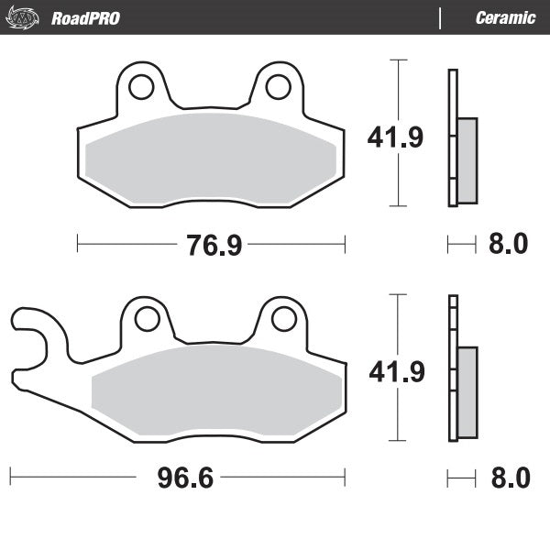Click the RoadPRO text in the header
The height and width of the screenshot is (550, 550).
pyautogui.click(x=85, y=18)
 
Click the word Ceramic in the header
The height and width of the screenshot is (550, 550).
pyautogui.click(x=505, y=18)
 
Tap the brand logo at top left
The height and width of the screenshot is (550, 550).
pyautogui.click(x=27, y=17)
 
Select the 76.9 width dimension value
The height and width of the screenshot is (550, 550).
pyautogui.click(x=210, y=245)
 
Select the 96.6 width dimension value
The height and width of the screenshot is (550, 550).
pyautogui.click(x=180, y=478)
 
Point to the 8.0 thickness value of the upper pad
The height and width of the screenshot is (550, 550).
pyautogui.click(x=509, y=245)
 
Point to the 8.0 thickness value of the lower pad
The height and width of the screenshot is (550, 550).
pyautogui.click(x=509, y=478)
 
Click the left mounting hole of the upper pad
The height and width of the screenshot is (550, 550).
pyautogui.click(x=140, y=87)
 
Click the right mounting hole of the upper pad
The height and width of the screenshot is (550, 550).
pyautogui.click(x=278, y=87)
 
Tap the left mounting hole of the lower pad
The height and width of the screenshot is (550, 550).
pyautogui.click(x=146, y=320)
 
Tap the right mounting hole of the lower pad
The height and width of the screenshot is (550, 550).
pyautogui.click(x=283, y=320)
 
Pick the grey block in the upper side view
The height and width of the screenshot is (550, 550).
pyautogui.click(x=467, y=160)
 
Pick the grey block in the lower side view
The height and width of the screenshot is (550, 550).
pyautogui.click(x=467, y=392)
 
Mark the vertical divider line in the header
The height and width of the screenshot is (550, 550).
pyautogui.click(x=441, y=18)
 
